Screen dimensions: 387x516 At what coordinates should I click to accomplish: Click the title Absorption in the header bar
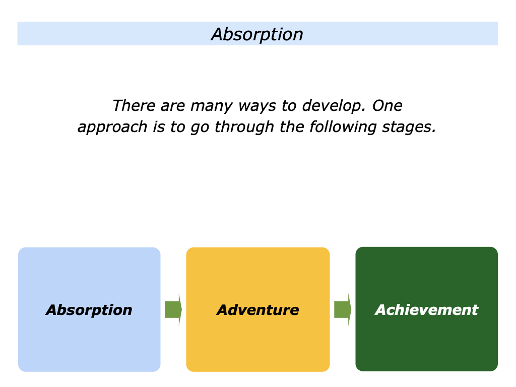click(257, 34)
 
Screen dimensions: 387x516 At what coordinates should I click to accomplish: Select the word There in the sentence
click(130, 106)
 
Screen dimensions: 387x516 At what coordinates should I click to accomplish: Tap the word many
click(206, 106)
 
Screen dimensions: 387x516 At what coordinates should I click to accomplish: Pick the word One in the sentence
click(388, 106)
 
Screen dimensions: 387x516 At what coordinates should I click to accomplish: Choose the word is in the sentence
click(159, 127)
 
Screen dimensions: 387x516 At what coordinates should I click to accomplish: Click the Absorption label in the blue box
click(89, 310)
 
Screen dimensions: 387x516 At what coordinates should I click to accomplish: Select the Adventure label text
click(257, 310)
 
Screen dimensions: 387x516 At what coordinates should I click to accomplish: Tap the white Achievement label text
click(426, 310)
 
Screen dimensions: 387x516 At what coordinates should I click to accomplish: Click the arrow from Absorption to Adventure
click(173, 309)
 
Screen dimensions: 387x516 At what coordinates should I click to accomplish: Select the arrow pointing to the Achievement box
click(342, 309)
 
